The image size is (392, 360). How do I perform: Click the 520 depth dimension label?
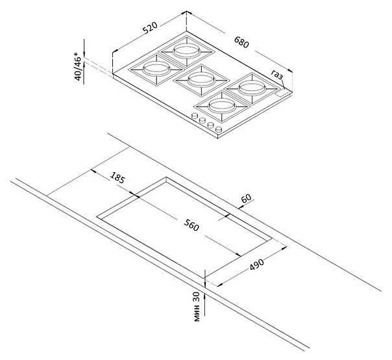(x=150, y=28)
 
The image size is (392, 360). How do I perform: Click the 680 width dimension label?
(x=241, y=42)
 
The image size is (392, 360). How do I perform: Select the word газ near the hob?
(x=278, y=74)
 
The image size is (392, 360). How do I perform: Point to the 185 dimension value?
(x=117, y=177)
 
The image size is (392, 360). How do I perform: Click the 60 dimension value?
(x=246, y=198)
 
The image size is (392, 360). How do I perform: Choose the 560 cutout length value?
(x=191, y=225)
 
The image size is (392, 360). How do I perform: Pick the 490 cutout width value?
(x=257, y=264)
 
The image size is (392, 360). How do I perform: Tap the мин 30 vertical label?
(x=197, y=307)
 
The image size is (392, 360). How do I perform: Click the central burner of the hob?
(x=201, y=80)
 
